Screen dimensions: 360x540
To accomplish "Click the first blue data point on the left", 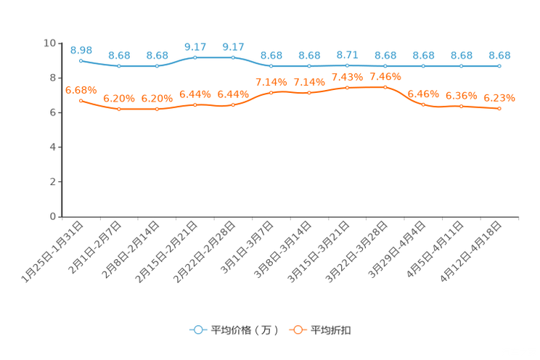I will coord(81,60).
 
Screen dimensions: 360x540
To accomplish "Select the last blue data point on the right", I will coord(499,66).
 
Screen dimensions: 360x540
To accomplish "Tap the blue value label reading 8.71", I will coord(347,54).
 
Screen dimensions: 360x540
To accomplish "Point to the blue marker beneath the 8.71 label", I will coord(347,65).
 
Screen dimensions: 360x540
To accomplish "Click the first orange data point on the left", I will coord(81,101).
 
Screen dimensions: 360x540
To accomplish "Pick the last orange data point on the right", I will coord(499,109).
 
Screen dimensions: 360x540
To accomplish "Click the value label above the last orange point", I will coord(499,98).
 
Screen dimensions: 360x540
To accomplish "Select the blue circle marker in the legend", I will coord(197,330).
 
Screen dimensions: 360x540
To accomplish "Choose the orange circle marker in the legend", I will coord(297,330).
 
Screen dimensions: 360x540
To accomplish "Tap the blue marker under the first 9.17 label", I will coord(195,57).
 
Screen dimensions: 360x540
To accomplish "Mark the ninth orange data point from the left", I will coord(385,86).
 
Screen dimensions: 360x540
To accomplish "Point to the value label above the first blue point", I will coord(81,49).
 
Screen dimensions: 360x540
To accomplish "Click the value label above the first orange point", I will coord(81,90).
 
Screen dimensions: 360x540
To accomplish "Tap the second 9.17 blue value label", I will coord(233,46).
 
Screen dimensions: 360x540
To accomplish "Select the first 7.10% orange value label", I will coord(271,81).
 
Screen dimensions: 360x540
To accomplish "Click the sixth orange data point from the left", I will coord(271,93).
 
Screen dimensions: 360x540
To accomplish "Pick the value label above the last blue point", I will coord(499,55).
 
